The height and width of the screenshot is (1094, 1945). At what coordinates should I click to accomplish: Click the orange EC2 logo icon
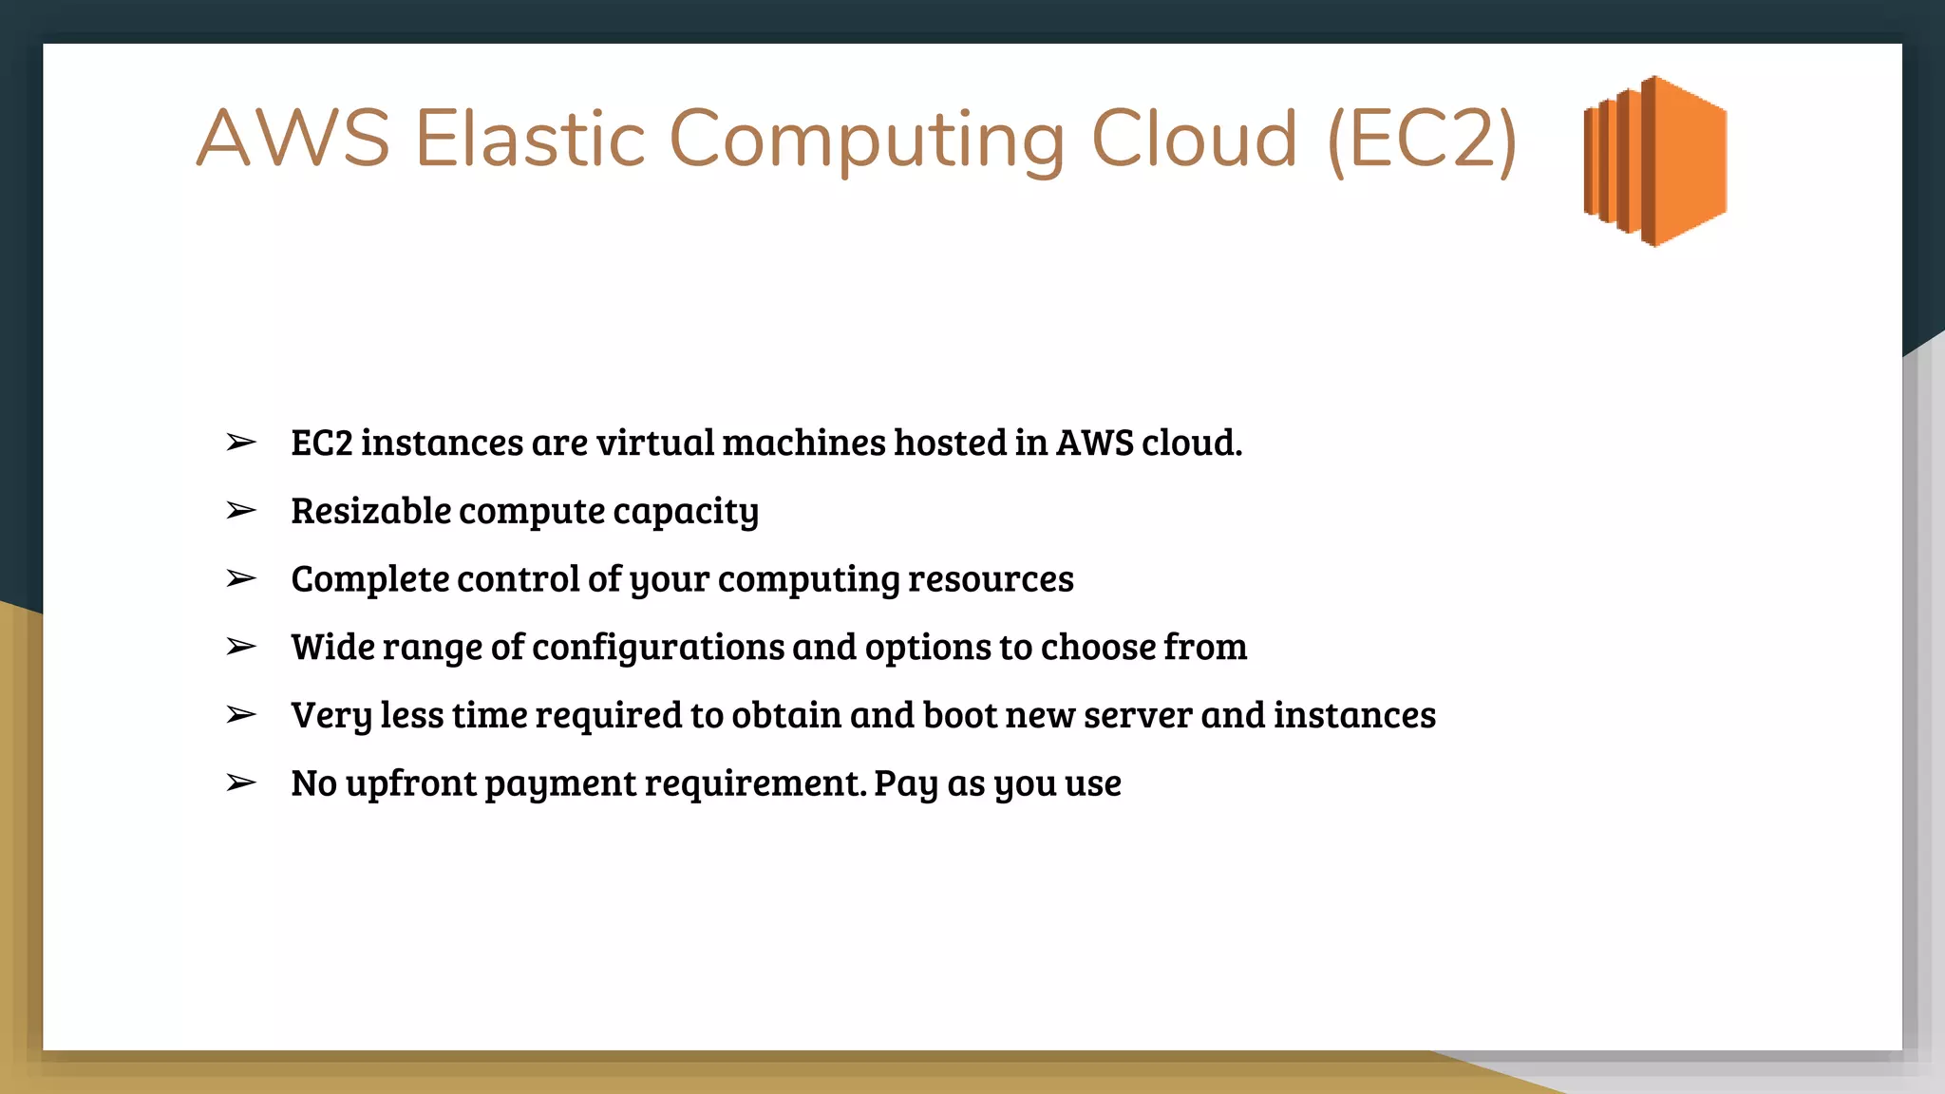pos(1655,160)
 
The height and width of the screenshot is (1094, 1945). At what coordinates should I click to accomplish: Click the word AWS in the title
pos(293,140)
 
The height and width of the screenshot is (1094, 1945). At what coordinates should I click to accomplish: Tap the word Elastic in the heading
pos(530,140)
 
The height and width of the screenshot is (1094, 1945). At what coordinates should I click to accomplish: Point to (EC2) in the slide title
pos(1422,141)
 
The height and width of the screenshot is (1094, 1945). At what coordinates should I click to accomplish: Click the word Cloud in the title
pos(1194,140)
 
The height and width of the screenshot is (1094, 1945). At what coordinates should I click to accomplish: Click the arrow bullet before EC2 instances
pos(241,443)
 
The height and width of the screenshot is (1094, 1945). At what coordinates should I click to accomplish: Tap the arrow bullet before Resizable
pos(241,511)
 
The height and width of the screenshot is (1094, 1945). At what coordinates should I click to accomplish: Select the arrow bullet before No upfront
pos(241,783)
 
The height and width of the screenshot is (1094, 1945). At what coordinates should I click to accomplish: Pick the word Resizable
pos(370,512)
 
